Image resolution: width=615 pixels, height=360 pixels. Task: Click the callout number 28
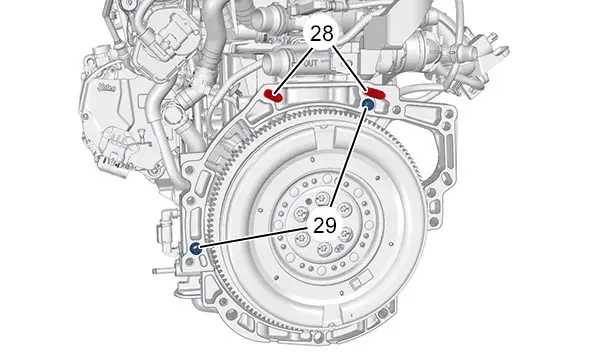pos(322,34)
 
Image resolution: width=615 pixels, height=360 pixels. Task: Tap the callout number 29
pos(325,225)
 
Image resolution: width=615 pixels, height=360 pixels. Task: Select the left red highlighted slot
pos(273,95)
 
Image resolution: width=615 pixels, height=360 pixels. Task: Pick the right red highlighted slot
pos(374,93)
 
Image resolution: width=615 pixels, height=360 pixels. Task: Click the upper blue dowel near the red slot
pos(368,104)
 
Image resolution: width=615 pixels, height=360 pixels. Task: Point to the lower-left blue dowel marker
pos(196,248)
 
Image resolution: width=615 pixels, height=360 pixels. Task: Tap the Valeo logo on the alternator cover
pos(107,87)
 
